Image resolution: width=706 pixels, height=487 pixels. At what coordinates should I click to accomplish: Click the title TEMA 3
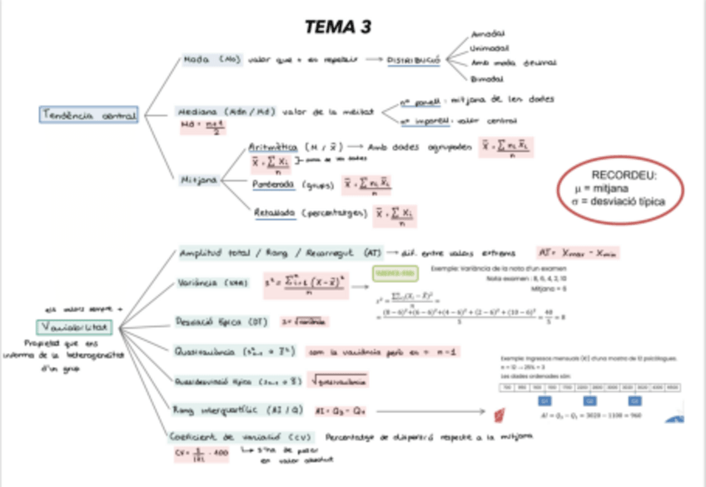[337, 27]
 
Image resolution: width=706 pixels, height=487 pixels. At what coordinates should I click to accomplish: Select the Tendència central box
[87, 116]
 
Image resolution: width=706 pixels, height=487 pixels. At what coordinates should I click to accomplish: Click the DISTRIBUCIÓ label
[413, 60]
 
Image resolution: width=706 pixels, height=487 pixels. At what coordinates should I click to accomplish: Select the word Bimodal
[487, 78]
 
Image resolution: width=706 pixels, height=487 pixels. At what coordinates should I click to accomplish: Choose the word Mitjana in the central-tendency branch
[200, 179]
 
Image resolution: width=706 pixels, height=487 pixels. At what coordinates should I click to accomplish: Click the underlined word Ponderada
[275, 185]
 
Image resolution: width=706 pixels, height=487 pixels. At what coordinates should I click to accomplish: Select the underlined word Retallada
[276, 214]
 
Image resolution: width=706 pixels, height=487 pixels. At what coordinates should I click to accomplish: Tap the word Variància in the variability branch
[201, 284]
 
